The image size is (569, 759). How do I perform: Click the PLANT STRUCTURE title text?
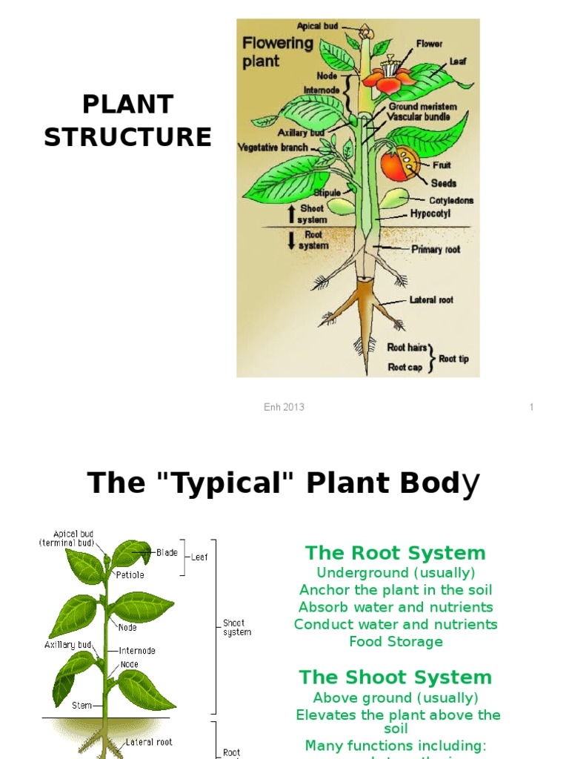(x=127, y=121)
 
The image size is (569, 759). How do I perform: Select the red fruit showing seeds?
(x=400, y=164)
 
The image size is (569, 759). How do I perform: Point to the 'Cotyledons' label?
(x=451, y=200)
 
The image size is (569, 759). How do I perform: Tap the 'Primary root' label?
(x=436, y=250)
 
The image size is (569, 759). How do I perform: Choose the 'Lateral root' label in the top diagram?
(x=431, y=300)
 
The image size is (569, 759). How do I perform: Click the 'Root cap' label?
(x=405, y=367)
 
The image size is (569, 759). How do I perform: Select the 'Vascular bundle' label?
(x=423, y=117)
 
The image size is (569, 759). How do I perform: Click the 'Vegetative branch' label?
(x=273, y=148)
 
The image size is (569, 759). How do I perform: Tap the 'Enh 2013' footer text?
(x=285, y=407)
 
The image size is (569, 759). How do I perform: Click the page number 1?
(x=531, y=407)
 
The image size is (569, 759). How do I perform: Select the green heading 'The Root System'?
(x=395, y=553)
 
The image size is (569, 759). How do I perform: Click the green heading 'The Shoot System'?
(x=395, y=677)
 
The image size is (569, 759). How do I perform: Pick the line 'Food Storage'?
(x=396, y=642)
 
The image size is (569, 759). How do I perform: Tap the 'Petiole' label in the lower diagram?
(x=130, y=574)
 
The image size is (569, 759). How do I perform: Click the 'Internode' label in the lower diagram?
(x=139, y=650)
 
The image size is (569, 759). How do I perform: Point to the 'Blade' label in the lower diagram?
(x=167, y=552)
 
